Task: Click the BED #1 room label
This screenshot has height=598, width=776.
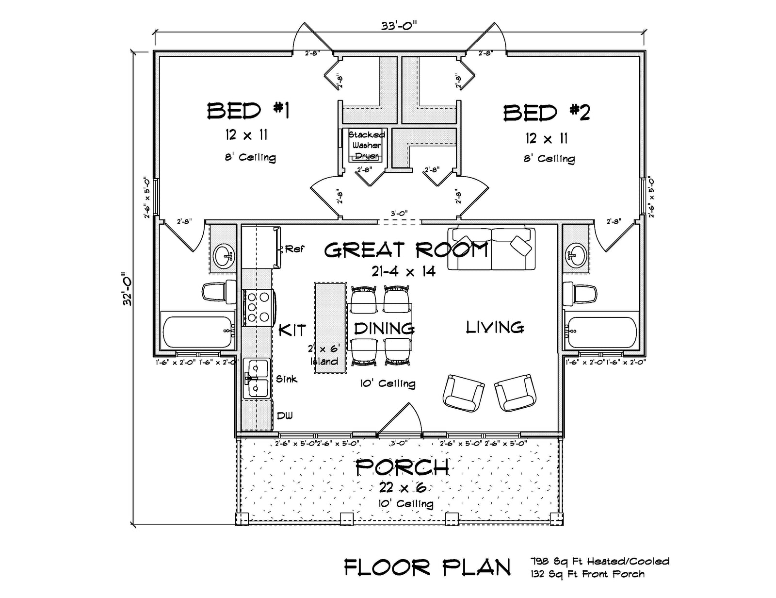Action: pyautogui.click(x=248, y=111)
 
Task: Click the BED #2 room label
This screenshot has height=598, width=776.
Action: pyautogui.click(x=546, y=113)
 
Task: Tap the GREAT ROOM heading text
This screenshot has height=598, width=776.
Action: pyautogui.click(x=405, y=250)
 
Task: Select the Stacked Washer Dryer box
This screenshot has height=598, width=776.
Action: pyautogui.click(x=366, y=145)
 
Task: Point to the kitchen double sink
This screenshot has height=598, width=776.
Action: pyautogui.click(x=256, y=378)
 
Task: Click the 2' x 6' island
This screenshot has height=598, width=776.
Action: pyautogui.click(x=330, y=328)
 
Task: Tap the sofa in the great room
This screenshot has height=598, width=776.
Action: pyautogui.click(x=491, y=249)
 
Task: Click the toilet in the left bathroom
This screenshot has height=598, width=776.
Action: pyautogui.click(x=218, y=293)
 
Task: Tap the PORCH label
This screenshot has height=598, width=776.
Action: pyautogui.click(x=402, y=467)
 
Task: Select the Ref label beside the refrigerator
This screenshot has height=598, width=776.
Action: pyautogui.click(x=294, y=249)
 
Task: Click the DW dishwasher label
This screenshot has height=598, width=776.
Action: pyautogui.click(x=285, y=415)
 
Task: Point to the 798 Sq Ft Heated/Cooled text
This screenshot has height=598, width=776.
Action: pyautogui.click(x=600, y=562)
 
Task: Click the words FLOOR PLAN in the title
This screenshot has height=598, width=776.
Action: pyautogui.click(x=427, y=567)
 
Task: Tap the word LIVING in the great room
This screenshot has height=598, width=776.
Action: pyautogui.click(x=495, y=328)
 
